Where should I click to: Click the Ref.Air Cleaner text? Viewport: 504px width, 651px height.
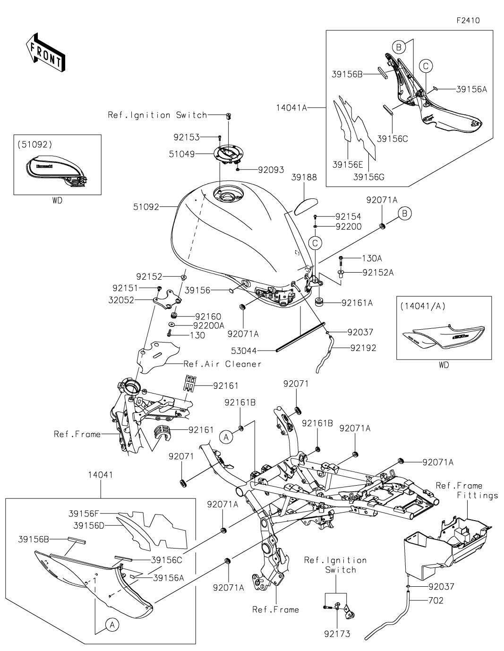coord(222,364)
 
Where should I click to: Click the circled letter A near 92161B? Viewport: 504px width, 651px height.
coord(226,437)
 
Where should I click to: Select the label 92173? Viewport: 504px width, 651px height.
coord(338,634)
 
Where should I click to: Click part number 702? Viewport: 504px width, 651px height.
coord(436,600)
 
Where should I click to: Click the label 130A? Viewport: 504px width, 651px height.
coord(372,258)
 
